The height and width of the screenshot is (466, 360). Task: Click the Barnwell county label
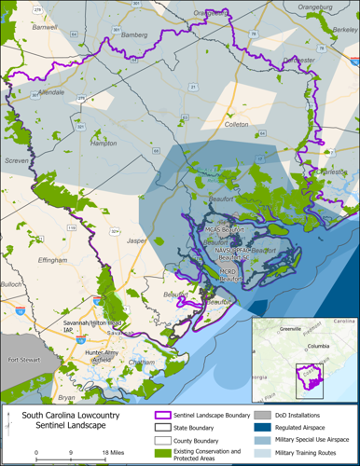[x=44, y=28]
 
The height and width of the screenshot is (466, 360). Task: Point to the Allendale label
[x=50, y=93]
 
